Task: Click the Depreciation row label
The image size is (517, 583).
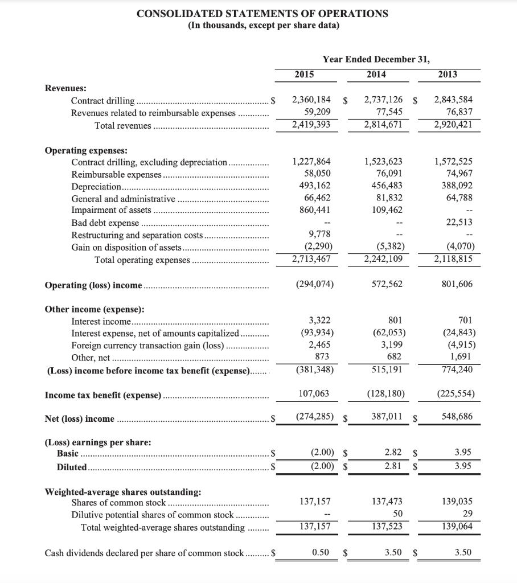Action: click(x=96, y=187)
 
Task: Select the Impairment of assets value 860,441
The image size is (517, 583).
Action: click(x=313, y=210)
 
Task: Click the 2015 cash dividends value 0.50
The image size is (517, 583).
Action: click(x=320, y=552)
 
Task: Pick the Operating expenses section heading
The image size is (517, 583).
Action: click(x=86, y=150)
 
